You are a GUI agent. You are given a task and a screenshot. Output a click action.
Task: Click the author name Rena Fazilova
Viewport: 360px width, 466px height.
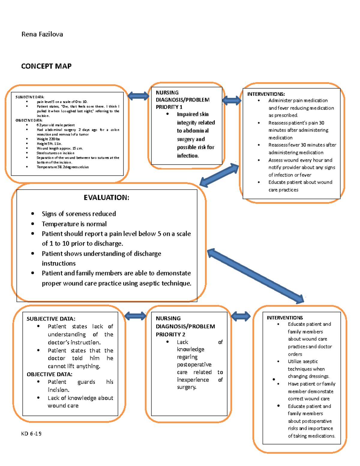point(42,34)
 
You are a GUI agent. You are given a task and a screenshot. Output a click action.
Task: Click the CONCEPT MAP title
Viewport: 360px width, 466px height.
point(46,66)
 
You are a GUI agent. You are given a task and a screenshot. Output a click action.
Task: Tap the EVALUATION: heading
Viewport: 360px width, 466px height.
point(106,197)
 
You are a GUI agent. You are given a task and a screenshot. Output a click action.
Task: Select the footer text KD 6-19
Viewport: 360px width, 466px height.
point(31,433)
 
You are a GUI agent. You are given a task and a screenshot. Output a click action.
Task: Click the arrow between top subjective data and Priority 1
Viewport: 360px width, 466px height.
point(138,96)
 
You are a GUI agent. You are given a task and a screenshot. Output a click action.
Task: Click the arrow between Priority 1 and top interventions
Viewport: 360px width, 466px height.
point(232,101)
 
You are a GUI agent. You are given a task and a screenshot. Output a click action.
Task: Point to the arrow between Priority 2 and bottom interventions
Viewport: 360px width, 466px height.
point(241,316)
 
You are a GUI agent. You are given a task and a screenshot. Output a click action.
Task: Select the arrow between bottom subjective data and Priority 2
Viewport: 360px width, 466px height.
point(135,316)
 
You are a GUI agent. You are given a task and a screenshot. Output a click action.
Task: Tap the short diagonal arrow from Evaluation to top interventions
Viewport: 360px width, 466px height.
point(219,175)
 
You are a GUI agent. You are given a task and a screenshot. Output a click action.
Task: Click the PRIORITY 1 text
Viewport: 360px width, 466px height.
point(169,107)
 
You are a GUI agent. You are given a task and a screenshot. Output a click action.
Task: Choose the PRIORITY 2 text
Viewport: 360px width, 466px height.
point(170,334)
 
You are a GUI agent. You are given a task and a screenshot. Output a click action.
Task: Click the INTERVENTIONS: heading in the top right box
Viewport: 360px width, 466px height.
point(266,94)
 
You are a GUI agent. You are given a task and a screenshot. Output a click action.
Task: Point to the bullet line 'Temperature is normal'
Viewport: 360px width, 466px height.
point(74,224)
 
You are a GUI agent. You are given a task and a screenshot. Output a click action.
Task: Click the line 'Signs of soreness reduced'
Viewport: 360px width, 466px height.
point(79,214)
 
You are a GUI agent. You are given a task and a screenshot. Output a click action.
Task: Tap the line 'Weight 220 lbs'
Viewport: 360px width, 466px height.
point(48,139)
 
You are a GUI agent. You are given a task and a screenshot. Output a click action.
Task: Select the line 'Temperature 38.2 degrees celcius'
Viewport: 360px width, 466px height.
point(62,167)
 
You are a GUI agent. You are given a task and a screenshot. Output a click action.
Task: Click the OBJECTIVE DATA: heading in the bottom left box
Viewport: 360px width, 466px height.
point(49,374)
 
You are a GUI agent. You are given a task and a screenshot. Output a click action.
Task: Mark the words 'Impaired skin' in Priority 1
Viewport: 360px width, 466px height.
point(193,114)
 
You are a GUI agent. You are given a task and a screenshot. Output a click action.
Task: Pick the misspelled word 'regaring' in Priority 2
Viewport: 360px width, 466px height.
point(187,357)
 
